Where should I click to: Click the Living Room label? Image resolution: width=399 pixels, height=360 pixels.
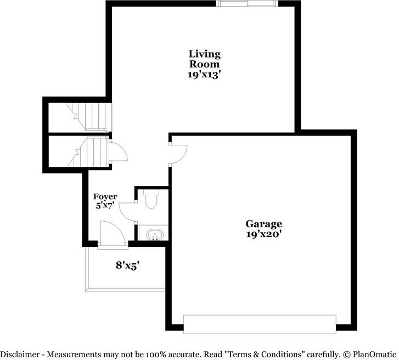tap(205, 59)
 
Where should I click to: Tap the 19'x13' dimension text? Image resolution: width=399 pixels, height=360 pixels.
tap(205, 75)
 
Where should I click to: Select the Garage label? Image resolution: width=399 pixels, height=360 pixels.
tap(263, 223)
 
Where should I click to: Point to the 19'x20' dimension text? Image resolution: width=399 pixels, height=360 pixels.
tap(263, 234)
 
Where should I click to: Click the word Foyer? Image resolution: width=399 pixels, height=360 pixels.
tap(105, 196)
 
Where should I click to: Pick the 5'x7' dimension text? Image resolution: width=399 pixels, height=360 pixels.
tap(105, 206)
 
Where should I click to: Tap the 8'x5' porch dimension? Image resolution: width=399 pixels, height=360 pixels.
tap(127, 265)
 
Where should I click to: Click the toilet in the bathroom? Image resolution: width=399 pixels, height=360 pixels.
tap(151, 199)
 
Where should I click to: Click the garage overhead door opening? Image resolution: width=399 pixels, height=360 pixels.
tap(259, 324)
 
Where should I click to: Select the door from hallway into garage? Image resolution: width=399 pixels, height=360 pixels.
tap(178, 153)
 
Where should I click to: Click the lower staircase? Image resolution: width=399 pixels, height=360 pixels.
tap(88, 152)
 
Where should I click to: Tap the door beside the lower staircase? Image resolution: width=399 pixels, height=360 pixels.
tap(117, 151)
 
